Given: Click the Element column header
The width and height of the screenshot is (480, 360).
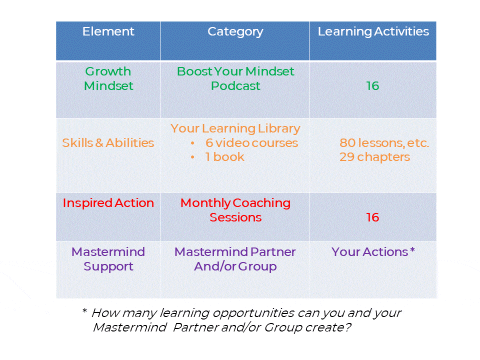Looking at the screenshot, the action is (x=108, y=31).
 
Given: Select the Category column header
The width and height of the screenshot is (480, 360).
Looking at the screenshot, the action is (x=235, y=32).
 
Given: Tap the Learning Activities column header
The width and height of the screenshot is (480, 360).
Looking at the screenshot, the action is (x=373, y=32).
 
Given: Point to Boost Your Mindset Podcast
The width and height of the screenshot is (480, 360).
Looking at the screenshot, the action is (x=235, y=78).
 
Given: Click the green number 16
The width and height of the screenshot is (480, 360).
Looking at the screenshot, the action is (x=372, y=86).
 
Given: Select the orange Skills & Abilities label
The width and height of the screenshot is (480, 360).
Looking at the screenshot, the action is (x=108, y=143).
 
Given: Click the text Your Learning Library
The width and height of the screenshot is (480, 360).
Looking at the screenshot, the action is (x=235, y=129).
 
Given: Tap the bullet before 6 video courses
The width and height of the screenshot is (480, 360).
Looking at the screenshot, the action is (x=192, y=143).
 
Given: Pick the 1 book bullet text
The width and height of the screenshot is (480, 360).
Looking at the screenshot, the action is (x=224, y=157).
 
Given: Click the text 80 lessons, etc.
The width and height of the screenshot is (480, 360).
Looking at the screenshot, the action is (x=384, y=143).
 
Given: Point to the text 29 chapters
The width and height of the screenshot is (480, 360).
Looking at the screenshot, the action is (x=374, y=157).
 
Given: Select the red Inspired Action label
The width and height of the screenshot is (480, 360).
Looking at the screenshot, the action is (x=108, y=203).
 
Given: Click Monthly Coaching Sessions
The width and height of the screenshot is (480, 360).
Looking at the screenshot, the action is (x=235, y=210).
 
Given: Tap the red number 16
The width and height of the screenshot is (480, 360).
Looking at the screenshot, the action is (x=372, y=217).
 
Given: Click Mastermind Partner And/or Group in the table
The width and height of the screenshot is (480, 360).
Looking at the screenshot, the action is (x=235, y=259).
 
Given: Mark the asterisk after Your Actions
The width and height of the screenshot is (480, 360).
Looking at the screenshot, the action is (x=412, y=250).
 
